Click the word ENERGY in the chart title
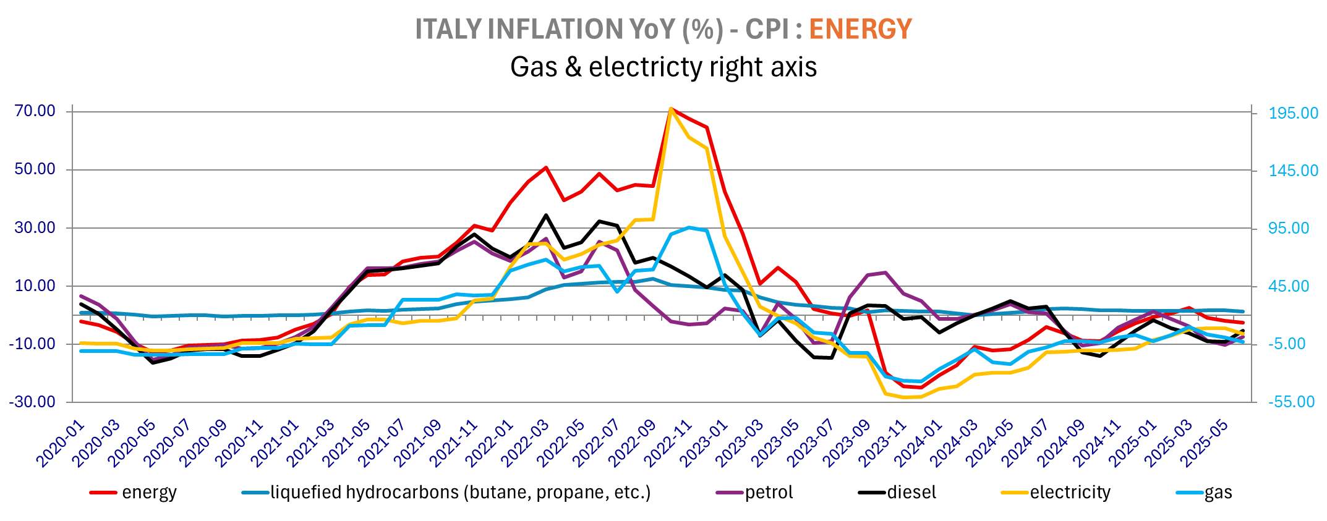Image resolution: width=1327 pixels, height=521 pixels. [860, 29]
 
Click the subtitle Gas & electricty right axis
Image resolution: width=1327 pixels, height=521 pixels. [663, 67]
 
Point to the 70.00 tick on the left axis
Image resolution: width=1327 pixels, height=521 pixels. [35, 111]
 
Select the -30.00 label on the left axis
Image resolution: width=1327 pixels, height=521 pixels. [32, 402]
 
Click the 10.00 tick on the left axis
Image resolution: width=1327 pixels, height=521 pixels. [35, 286]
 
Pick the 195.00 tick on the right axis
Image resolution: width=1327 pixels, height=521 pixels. [1293, 113]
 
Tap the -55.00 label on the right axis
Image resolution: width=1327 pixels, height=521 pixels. [1291, 402]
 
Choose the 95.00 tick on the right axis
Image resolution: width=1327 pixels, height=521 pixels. [1289, 228]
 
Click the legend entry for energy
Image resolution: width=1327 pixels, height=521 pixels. [149, 493]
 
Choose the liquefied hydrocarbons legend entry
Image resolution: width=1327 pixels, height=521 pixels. [460, 493]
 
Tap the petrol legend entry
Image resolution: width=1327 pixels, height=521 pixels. [769, 493]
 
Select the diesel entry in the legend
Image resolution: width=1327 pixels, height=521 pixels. [911, 493]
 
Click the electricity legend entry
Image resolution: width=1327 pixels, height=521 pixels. [1070, 493]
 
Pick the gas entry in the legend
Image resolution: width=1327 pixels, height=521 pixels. [1218, 493]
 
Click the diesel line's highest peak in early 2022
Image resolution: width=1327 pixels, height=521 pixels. [545, 215]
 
